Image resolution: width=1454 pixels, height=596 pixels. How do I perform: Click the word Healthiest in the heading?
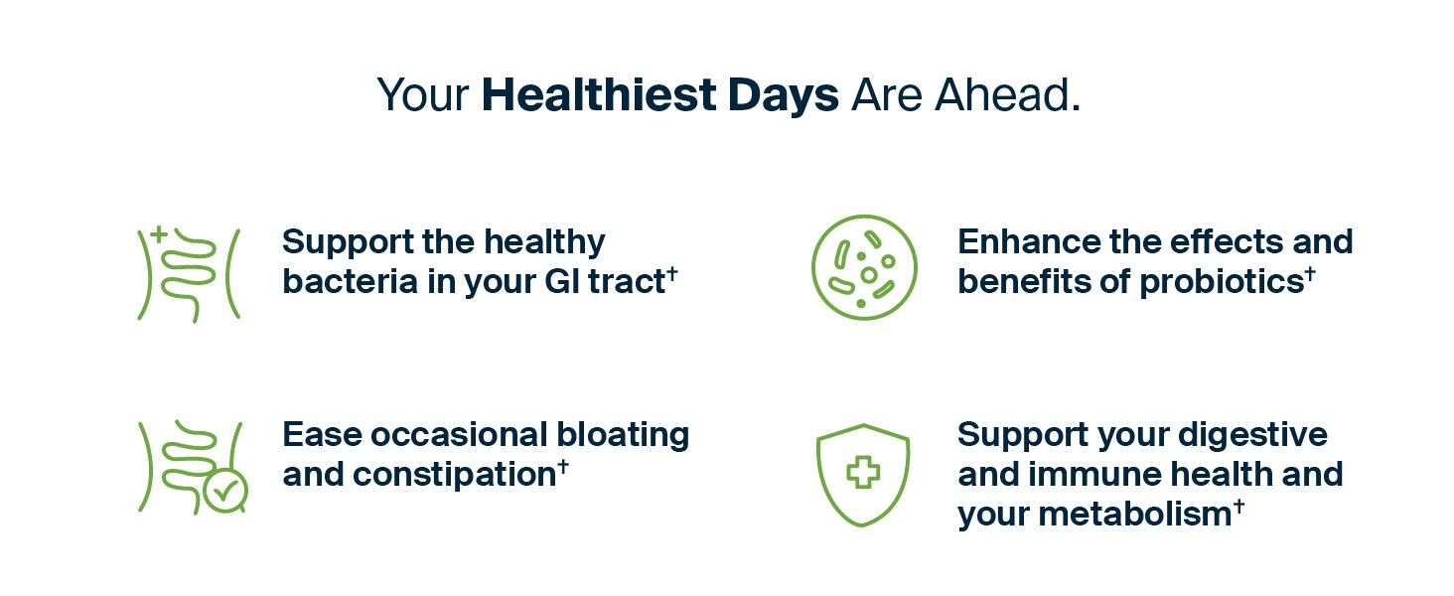click(x=599, y=94)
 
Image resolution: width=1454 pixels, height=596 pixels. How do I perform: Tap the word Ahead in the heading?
click(x=1007, y=94)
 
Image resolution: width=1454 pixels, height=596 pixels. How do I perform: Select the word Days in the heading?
click(x=783, y=97)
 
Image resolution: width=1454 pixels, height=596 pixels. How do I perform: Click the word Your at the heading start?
click(x=422, y=95)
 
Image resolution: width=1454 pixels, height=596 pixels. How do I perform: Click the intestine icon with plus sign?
click(x=189, y=274)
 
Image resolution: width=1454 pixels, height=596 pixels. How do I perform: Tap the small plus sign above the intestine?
click(x=158, y=234)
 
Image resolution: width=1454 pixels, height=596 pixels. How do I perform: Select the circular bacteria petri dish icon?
click(x=864, y=267)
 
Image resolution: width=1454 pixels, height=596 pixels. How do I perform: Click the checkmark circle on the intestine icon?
click(x=224, y=491)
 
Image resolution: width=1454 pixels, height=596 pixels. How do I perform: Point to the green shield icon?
click(x=863, y=475)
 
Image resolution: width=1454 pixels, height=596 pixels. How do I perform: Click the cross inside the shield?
click(x=863, y=472)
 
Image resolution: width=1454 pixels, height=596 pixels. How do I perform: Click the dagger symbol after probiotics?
click(x=1310, y=273)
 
